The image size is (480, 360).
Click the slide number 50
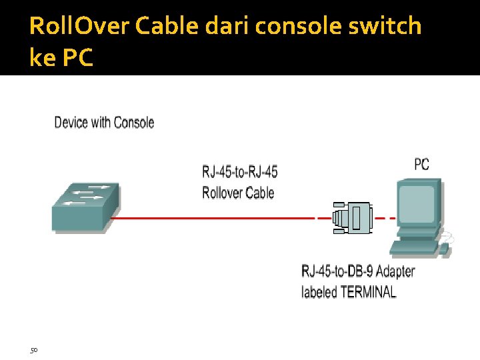click(33, 349)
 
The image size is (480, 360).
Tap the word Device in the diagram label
click(73, 123)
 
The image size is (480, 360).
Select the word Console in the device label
click(134, 123)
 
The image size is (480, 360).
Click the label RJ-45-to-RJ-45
click(240, 172)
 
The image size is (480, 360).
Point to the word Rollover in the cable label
click(225, 193)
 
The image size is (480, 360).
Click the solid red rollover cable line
click(213, 217)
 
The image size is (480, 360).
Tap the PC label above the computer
click(422, 164)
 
